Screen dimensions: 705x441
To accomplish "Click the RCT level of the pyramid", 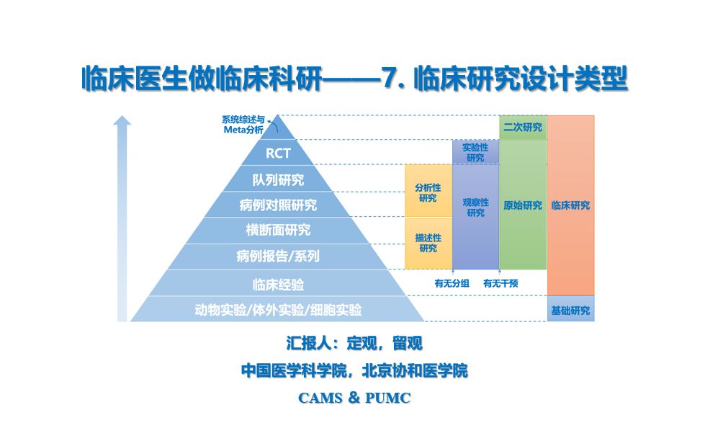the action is (278, 153).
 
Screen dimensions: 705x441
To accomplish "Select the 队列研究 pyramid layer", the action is (278, 179).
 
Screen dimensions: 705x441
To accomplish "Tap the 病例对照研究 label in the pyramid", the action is (278, 205).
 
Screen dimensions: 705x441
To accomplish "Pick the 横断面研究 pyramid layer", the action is (278, 231).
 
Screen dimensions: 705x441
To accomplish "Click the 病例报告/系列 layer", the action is (278, 256).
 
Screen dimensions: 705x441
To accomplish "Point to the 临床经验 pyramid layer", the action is (278, 283).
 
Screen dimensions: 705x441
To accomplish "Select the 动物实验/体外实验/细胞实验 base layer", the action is (278, 310).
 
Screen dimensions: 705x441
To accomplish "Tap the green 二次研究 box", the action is (523, 128).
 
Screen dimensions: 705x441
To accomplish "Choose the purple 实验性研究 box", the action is (475, 152).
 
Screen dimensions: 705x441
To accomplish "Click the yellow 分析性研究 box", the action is (428, 192).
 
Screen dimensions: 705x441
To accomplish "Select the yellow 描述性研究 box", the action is (428, 243).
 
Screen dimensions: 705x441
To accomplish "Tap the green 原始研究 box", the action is (523, 205).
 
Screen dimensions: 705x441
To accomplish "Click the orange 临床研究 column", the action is (571, 205).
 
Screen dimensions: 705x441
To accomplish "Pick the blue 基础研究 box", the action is (571, 311).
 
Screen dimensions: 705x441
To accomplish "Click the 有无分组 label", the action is (452, 283).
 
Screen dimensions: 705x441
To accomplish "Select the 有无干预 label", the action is (500, 283).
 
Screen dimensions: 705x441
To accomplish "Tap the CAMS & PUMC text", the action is (354, 398).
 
